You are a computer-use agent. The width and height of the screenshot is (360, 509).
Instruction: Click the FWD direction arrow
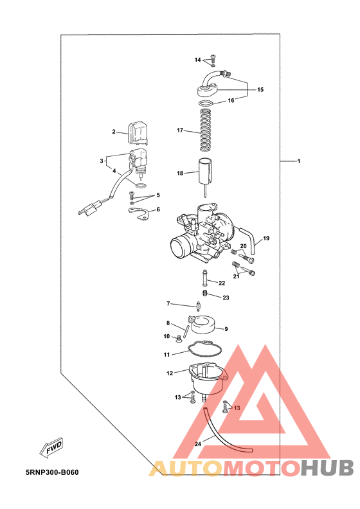51,448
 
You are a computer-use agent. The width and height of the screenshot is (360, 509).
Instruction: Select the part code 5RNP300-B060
52,472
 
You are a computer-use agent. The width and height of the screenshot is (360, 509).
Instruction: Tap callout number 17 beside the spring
180,130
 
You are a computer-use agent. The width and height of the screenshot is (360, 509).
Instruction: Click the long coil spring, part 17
206,130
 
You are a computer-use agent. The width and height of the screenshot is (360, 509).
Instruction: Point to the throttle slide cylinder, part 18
206,174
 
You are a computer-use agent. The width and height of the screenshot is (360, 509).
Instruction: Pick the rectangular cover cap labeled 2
138,134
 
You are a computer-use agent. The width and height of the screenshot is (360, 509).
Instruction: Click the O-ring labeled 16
206,104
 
